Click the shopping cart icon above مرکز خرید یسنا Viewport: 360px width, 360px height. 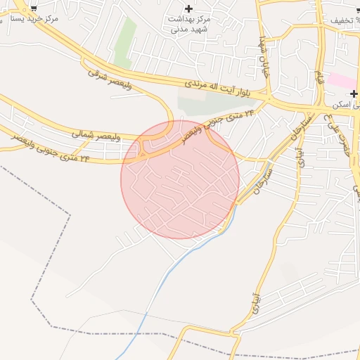[32, 7]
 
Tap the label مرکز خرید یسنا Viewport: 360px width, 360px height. [31, 19]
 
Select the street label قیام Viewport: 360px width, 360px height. [321, 79]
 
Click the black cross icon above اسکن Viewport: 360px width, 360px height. [354, 94]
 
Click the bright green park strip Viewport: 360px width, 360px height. [125, 42]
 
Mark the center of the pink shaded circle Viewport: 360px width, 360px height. [180, 179]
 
